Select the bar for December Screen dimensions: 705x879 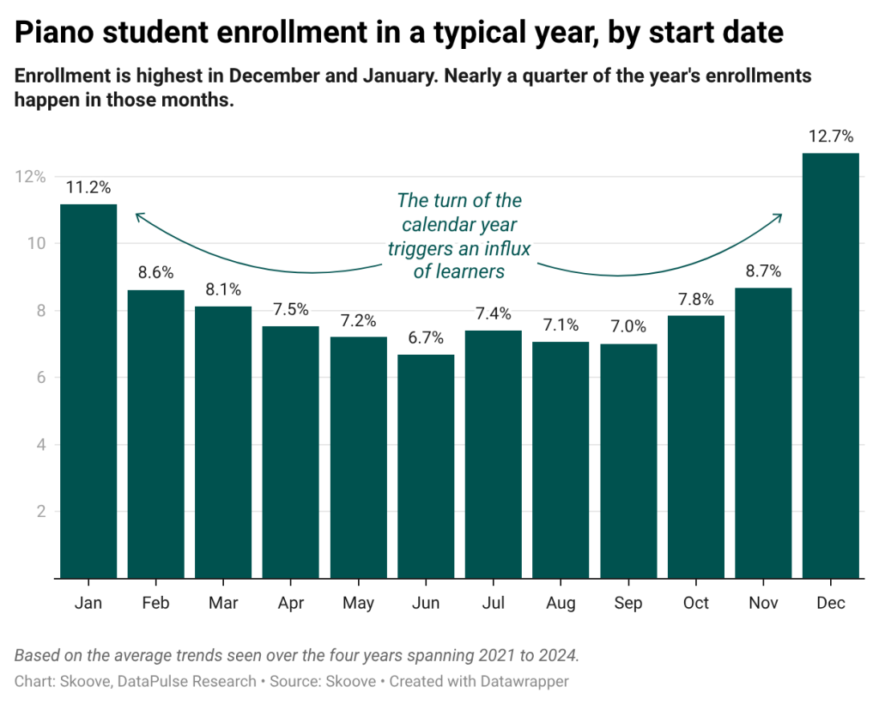[831, 365]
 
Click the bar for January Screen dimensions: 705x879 [88, 391]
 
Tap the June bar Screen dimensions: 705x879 [427, 465]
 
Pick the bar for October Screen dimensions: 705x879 [696, 447]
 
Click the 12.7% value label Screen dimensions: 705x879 [831, 136]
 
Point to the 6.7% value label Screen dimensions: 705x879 [427, 337]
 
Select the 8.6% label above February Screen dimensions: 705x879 [155, 273]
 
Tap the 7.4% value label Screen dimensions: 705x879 [494, 313]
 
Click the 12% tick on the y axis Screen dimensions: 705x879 [30, 176]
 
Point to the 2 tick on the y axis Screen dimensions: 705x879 [39, 512]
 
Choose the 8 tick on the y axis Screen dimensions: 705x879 [39, 311]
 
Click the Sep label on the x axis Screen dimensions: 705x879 [628, 603]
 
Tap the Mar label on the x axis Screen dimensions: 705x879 [223, 603]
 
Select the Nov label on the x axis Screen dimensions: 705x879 [763, 603]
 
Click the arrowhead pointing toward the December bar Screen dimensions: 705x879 [779, 216]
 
